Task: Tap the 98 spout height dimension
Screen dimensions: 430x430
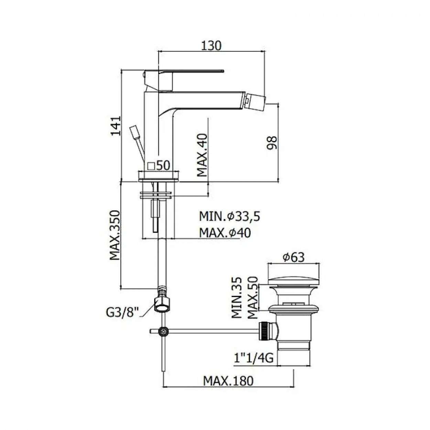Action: pos(272,143)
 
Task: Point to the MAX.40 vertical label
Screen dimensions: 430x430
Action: pos(202,155)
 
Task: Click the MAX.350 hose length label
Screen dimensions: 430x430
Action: pos(115,235)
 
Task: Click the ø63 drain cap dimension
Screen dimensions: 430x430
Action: pos(293,258)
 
